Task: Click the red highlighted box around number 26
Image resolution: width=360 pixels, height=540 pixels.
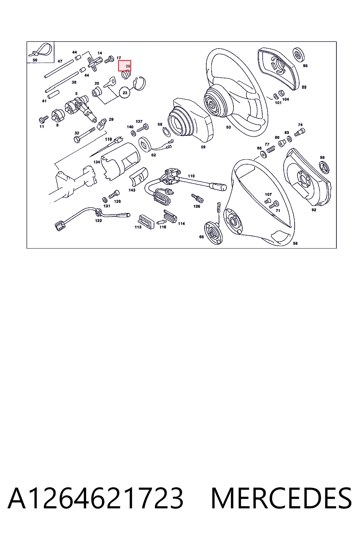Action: (x=124, y=66)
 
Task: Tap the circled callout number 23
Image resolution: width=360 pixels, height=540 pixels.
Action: (x=125, y=92)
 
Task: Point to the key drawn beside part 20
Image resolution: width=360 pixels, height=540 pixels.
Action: (x=110, y=82)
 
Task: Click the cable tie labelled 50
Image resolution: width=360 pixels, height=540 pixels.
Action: (x=40, y=50)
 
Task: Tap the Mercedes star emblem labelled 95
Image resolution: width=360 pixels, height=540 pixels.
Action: (x=298, y=54)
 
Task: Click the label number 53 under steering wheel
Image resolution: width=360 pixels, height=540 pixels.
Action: (x=229, y=127)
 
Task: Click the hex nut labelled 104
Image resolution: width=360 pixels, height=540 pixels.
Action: (x=281, y=93)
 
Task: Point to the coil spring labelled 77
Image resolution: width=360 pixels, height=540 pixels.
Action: (x=271, y=149)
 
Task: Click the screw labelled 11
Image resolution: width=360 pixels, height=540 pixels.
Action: (x=43, y=119)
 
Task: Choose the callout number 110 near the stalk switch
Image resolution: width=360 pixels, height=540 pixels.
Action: (x=191, y=176)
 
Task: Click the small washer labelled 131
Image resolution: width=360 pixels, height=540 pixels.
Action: (x=105, y=200)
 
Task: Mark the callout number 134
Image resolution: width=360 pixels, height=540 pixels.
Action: (x=96, y=162)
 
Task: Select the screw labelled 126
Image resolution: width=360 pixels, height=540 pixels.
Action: (x=197, y=198)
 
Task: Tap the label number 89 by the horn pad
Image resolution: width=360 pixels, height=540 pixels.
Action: (x=304, y=87)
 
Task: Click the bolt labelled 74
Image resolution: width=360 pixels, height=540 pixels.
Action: (x=300, y=132)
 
